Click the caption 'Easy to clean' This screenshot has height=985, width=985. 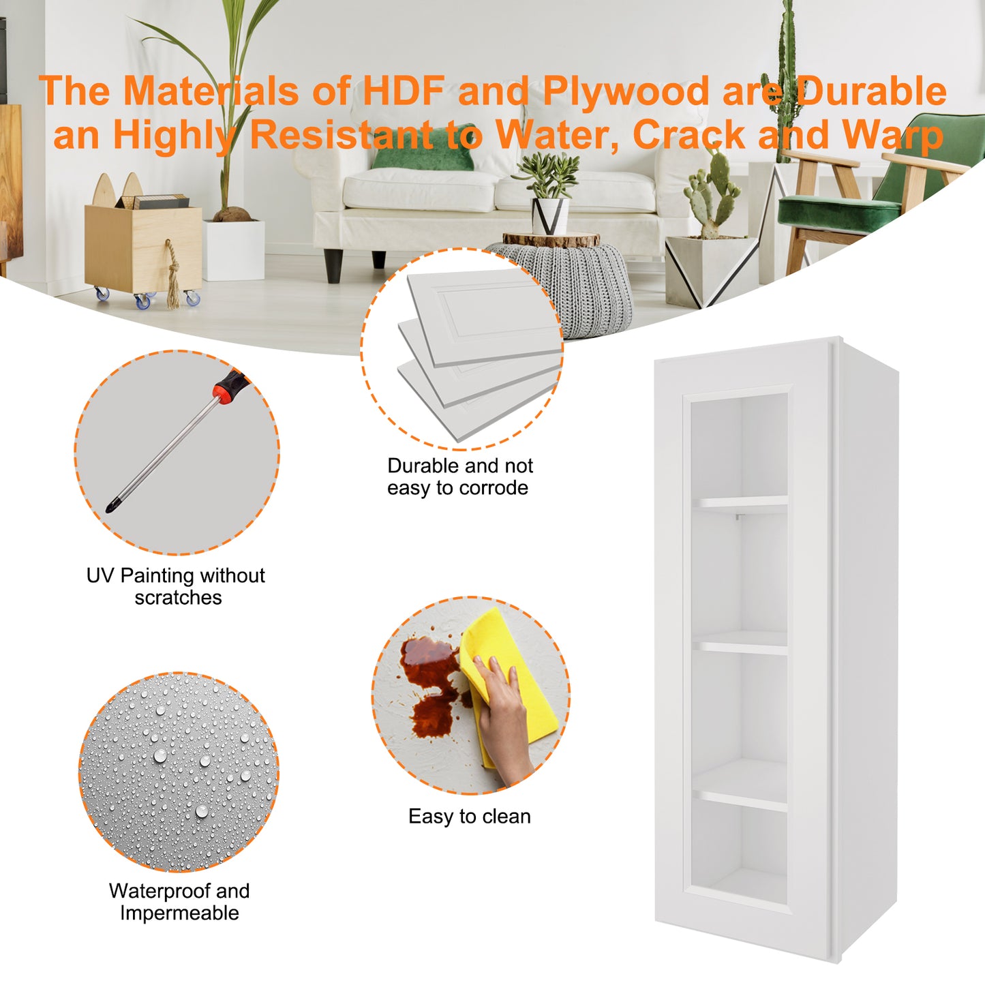point(469,817)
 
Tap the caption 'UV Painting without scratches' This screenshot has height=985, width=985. point(176,586)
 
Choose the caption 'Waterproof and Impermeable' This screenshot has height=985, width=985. point(179,902)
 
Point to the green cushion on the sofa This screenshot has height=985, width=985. point(423,147)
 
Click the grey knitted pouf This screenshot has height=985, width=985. point(562,287)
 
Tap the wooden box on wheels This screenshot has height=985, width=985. point(144,250)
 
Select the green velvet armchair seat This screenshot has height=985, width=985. point(838,209)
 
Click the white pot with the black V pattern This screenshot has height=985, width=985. point(550,216)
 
